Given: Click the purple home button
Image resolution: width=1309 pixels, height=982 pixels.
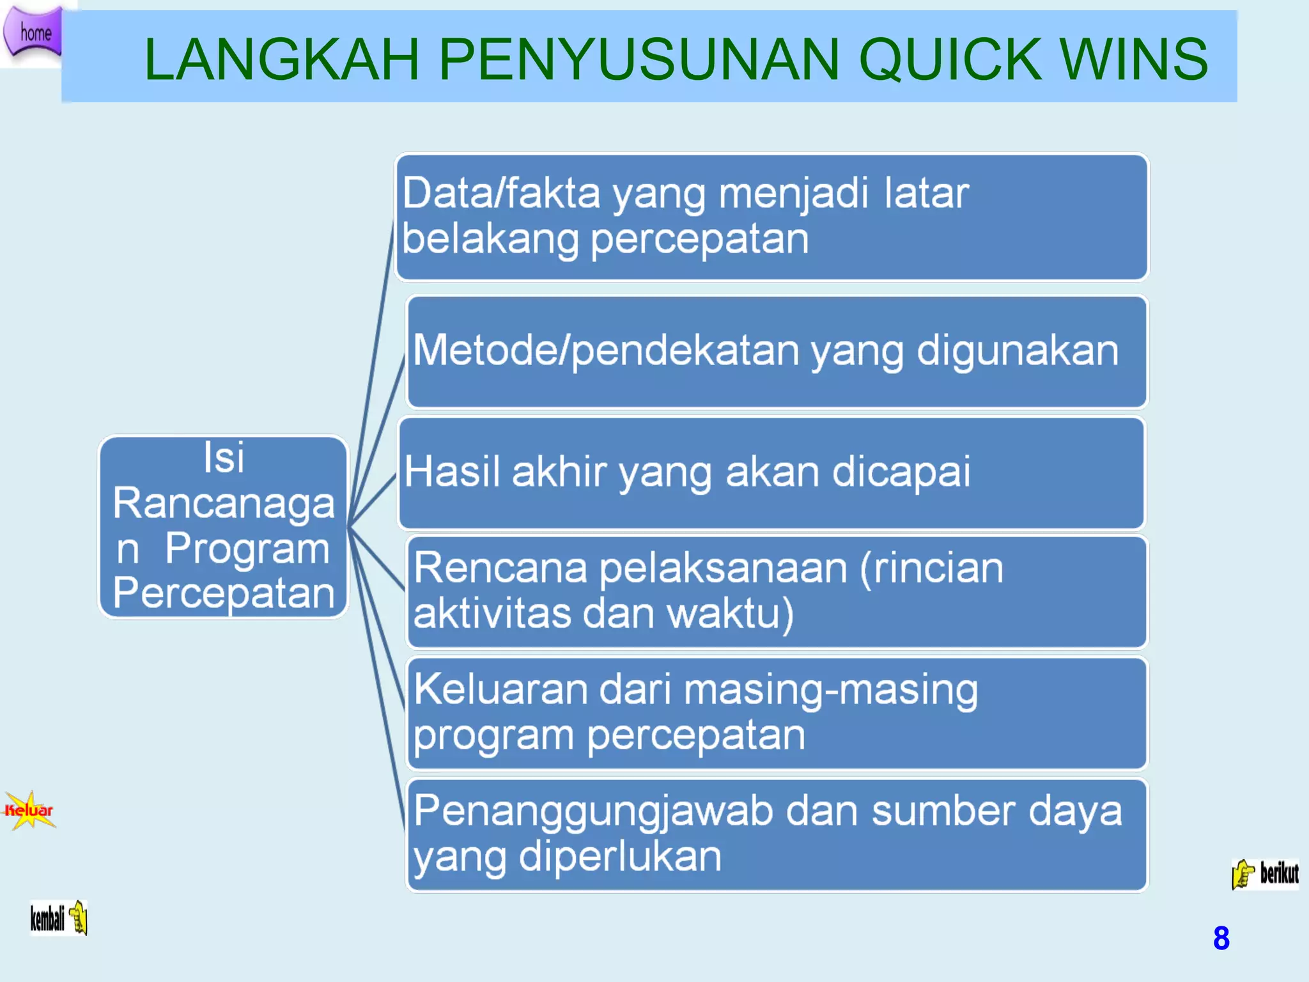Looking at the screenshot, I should [33, 32].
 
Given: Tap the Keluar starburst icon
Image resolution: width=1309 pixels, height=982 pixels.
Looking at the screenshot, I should [29, 810].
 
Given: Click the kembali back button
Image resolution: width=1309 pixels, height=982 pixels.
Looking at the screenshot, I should [58, 918].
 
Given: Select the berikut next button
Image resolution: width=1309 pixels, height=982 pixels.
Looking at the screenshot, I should [1266, 873].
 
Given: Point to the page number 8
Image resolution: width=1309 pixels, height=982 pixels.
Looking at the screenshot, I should [1221, 938].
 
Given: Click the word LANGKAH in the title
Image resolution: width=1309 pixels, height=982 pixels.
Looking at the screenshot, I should [281, 59].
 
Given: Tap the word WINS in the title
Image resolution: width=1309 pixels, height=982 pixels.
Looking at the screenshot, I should [1134, 59].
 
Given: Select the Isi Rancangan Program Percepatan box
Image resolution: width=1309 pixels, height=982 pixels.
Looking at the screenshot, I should [223, 527].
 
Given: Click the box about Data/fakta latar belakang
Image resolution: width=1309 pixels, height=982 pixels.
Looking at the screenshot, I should [771, 217].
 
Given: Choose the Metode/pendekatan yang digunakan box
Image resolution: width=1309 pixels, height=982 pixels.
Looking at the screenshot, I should [777, 351].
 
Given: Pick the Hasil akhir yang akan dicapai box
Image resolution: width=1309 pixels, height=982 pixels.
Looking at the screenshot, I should [771, 473].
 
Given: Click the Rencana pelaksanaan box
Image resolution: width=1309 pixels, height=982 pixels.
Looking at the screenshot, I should [777, 591].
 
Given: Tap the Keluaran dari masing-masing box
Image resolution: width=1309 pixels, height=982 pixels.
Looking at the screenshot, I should [777, 713].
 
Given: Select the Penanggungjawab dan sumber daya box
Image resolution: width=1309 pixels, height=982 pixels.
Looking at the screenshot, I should [777, 834].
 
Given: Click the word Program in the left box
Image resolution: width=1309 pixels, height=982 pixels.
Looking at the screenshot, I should [247, 549].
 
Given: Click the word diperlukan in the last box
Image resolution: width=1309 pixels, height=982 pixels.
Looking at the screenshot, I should [620, 856].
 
